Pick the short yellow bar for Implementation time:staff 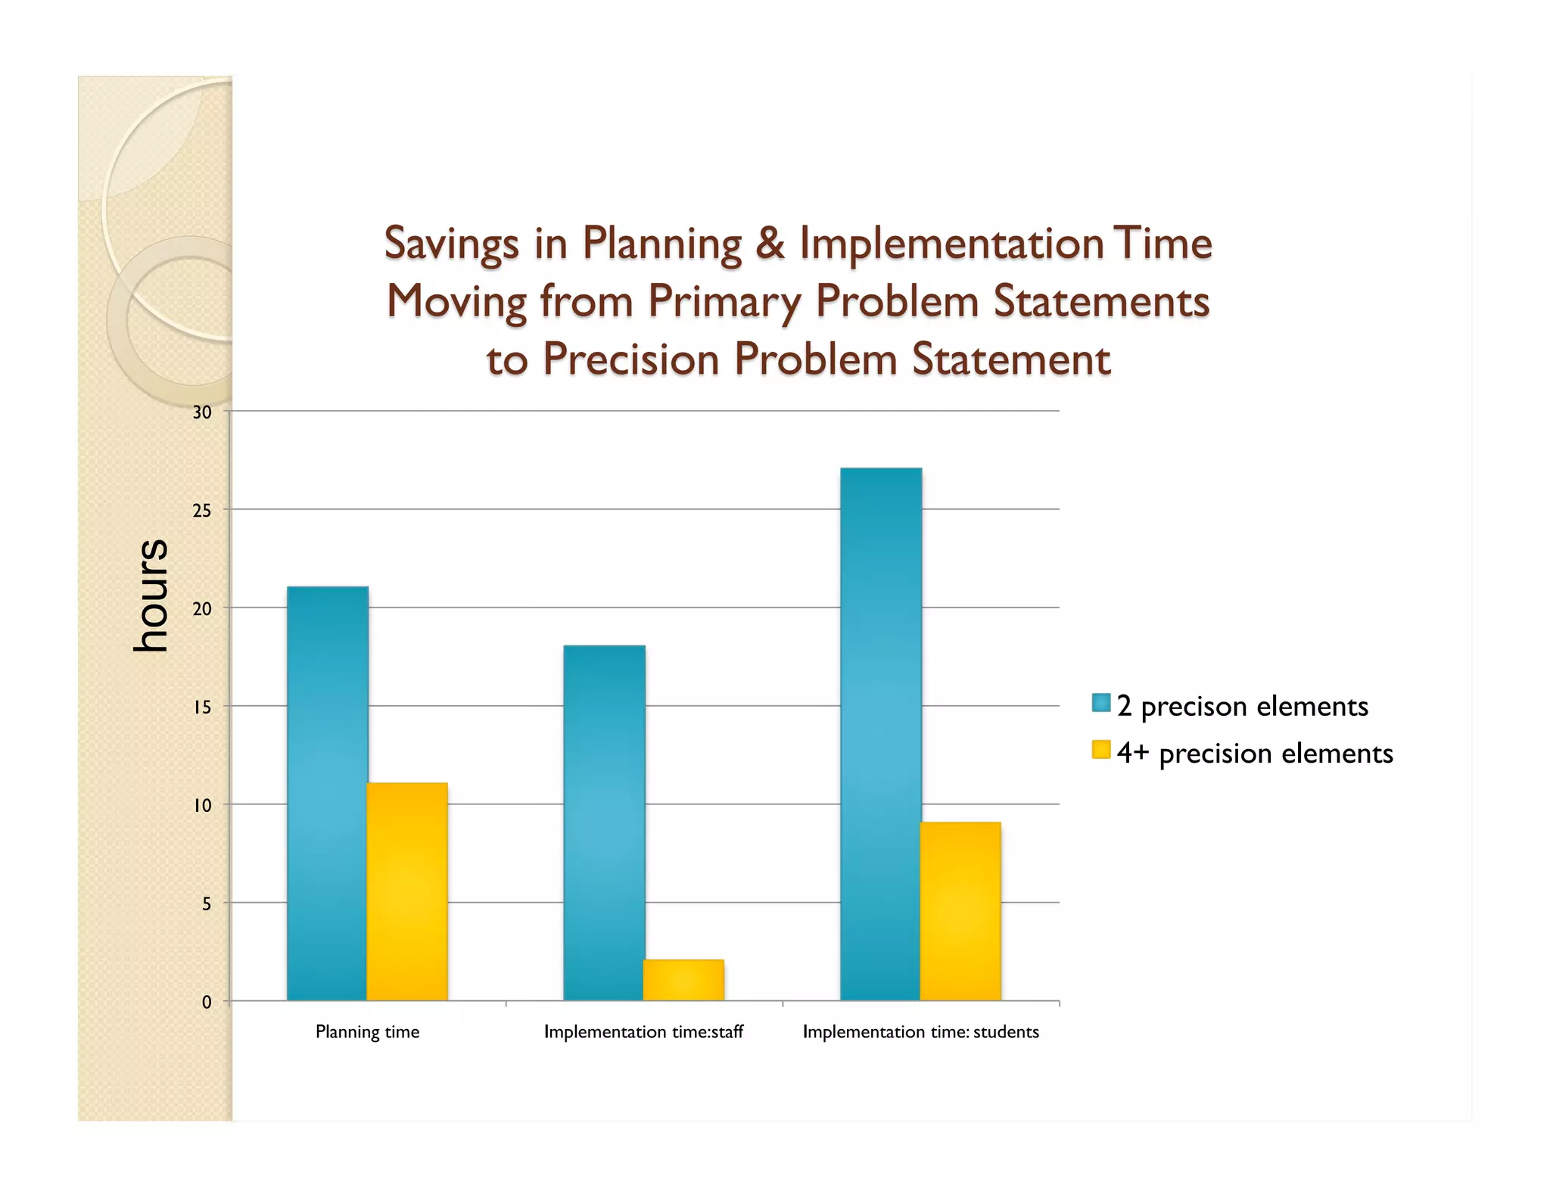[683, 980]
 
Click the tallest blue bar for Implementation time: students [881, 734]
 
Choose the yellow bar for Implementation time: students [960, 911]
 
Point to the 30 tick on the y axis [202, 412]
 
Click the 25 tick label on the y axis [202, 511]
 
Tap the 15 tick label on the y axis [202, 707]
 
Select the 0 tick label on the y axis [207, 1003]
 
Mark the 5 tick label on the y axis [207, 904]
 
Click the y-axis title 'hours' [150, 595]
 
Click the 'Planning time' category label [367, 1032]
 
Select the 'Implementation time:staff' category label [643, 1032]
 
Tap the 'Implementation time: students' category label [920, 1032]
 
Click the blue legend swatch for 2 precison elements [1101, 703]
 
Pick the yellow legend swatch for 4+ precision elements [1101, 750]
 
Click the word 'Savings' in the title [452, 244]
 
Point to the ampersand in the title [770, 244]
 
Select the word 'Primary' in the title [724, 302]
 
